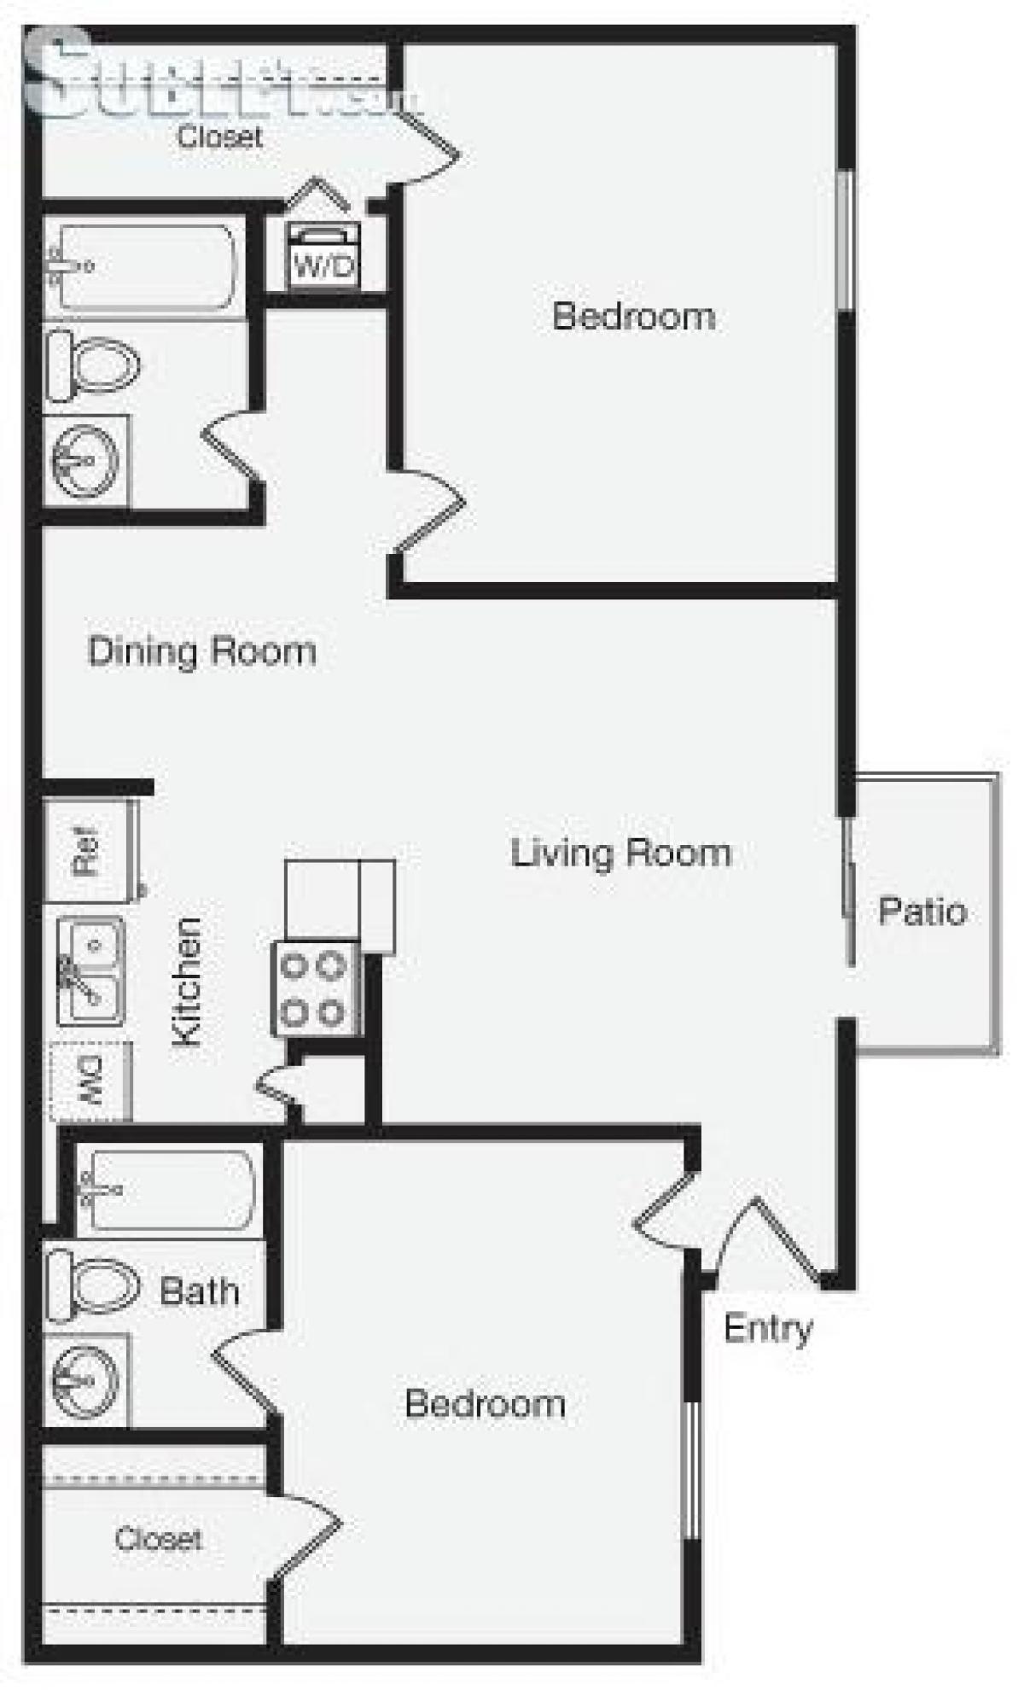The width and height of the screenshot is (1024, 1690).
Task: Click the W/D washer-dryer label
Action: [x=323, y=265]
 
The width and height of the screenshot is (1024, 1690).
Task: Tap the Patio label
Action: [x=922, y=912]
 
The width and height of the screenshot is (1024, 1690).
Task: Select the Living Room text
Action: [x=620, y=853]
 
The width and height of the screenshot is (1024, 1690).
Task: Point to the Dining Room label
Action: [x=202, y=651]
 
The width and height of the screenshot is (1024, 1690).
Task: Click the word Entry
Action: [x=768, y=1328]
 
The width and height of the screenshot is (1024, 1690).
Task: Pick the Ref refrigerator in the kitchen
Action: [x=88, y=851]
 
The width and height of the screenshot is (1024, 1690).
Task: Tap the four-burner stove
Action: [x=314, y=989]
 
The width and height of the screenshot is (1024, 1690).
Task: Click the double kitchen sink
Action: [x=91, y=970]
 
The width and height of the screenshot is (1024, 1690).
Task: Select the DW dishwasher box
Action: [x=91, y=1081]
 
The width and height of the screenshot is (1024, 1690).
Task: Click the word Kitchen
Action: [x=187, y=982]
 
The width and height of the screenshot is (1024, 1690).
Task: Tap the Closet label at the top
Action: [x=219, y=137]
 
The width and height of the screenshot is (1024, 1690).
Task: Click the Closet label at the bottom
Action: [x=159, y=1539]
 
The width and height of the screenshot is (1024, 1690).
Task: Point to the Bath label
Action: [x=199, y=1291]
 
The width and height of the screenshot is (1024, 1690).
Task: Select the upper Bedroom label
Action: [x=633, y=316]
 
